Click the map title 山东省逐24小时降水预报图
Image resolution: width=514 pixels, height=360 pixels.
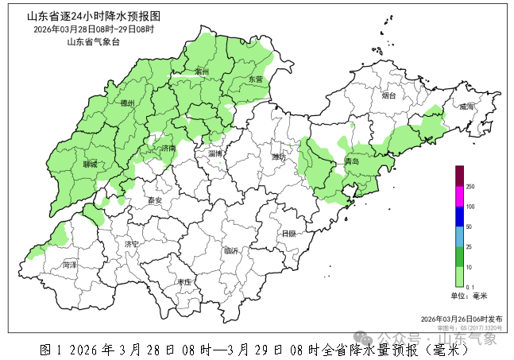tap(93, 16)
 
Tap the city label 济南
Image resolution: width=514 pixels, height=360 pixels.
tap(168, 149)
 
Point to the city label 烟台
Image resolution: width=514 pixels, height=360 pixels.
tap(388, 96)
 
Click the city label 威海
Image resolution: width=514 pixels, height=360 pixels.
tap(466, 106)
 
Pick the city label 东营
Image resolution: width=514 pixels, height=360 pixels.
tap(254, 79)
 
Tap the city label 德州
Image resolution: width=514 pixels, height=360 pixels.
tap(127, 103)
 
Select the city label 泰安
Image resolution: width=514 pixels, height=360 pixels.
tap(153, 201)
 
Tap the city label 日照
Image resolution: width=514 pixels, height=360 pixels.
tap(288, 234)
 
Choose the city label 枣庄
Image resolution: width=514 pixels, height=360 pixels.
tap(184, 282)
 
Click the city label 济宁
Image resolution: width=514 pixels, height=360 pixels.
tap(132, 244)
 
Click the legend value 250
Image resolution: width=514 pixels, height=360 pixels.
tap(470, 187)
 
